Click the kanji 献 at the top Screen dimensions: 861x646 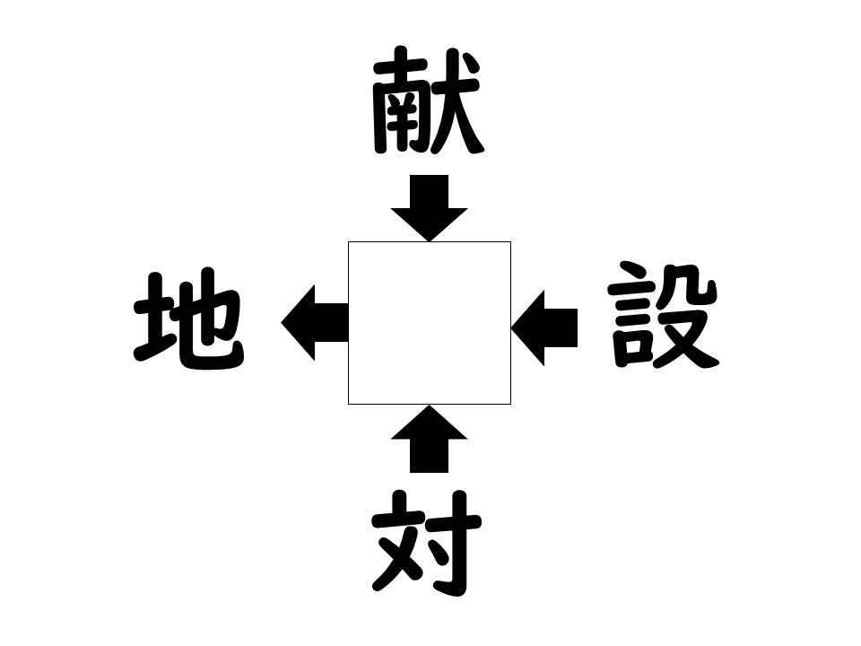[428, 100]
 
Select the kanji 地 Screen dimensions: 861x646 [189, 319]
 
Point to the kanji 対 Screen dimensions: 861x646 [427, 543]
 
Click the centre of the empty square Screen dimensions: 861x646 [430, 323]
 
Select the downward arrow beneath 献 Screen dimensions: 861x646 [430, 208]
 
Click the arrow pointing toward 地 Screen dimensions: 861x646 [315, 322]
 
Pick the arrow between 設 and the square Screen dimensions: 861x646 [544, 328]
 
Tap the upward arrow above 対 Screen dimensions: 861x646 [430, 439]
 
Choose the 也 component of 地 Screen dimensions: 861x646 [212, 321]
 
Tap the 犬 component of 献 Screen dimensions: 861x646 [457, 101]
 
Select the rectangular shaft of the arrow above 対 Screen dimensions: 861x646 [430, 456]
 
